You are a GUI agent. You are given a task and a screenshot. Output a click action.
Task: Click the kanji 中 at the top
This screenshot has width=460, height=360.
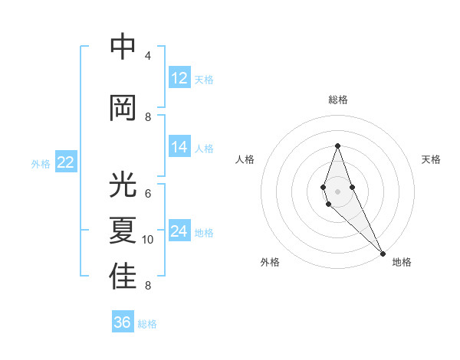click(x=123, y=47)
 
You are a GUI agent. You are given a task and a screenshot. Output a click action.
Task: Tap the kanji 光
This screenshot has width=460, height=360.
click(x=123, y=185)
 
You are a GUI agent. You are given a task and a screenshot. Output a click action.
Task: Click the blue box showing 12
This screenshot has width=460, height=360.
click(x=179, y=78)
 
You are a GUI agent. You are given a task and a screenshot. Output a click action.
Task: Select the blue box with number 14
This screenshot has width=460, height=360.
click(x=179, y=147)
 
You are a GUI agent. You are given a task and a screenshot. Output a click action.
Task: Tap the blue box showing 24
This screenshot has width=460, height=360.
click(x=179, y=231)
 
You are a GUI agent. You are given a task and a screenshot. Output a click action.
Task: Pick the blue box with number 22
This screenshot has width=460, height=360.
click(x=66, y=162)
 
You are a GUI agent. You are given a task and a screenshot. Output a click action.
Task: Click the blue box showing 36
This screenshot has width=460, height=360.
click(x=123, y=322)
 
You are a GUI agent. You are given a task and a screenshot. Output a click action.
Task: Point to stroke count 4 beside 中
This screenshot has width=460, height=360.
click(x=148, y=56)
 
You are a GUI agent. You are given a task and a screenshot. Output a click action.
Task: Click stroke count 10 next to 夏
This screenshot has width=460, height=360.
click(x=148, y=240)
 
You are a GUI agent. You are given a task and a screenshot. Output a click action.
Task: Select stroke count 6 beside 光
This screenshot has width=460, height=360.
click(x=148, y=194)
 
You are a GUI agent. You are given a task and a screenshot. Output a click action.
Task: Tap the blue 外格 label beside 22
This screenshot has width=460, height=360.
click(x=40, y=163)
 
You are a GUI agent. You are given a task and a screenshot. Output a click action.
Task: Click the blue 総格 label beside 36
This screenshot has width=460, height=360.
click(x=147, y=324)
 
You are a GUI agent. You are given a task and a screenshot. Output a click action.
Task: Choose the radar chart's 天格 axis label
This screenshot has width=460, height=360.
click(x=431, y=159)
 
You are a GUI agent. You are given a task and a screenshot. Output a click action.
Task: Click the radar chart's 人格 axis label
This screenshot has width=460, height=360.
click(x=245, y=159)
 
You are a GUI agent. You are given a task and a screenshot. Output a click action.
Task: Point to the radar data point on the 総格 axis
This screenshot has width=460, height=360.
click(x=337, y=146)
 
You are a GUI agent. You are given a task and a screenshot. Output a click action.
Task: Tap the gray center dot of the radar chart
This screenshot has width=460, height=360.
click(x=337, y=191)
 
